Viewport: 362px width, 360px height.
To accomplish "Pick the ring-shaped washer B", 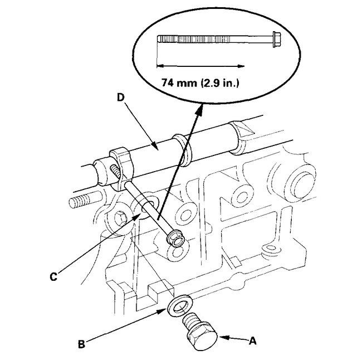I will (x=179, y=305).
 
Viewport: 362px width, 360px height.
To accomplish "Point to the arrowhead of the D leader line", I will (x=163, y=147).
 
